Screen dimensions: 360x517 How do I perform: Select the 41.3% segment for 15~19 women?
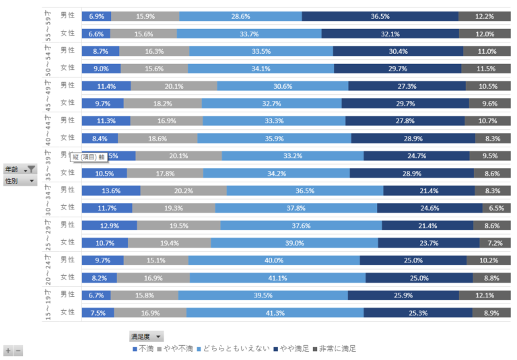275,312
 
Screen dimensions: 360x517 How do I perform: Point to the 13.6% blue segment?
110,190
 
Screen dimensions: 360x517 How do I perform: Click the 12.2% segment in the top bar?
485,16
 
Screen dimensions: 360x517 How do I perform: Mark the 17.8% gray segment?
164,173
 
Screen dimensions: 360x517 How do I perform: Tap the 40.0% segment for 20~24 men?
273,260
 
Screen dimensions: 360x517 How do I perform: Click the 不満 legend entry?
143,349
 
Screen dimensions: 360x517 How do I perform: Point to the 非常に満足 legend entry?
333,349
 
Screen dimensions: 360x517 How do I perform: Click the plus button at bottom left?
7,351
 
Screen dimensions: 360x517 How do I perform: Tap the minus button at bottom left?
18,351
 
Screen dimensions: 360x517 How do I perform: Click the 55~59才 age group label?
47,25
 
